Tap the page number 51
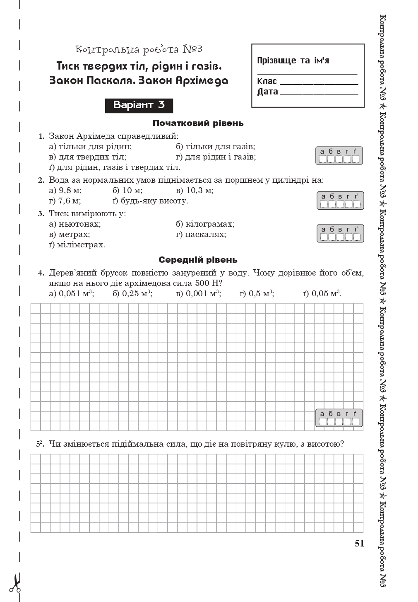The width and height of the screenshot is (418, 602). tap(359, 544)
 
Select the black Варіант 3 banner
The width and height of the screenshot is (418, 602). tap(139, 105)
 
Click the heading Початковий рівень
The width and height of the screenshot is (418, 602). tap(198, 123)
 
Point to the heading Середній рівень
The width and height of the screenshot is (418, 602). tap(198, 260)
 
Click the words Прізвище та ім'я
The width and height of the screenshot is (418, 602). tap(293, 60)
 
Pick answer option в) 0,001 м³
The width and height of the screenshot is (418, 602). tap(198, 294)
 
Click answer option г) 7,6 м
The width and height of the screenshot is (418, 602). tap(65, 201)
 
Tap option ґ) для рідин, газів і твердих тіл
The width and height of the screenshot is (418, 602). tap(115, 167)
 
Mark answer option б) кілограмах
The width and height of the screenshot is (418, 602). tap(205, 224)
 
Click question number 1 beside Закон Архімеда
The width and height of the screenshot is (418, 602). tap(41, 136)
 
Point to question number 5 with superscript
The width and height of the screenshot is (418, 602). tap(40, 444)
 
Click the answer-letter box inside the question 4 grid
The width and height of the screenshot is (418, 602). tap(339, 418)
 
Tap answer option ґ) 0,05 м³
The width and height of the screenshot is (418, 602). tap(322, 294)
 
